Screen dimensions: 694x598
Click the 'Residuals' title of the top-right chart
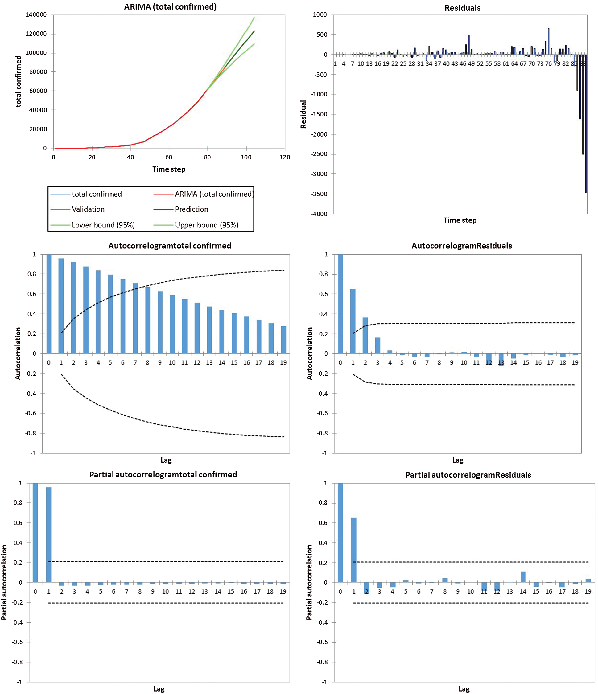(462, 8)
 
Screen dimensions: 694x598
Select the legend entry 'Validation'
(88, 209)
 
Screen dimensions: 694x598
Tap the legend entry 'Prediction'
(191, 209)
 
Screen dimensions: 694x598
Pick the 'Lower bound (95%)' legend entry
(103, 225)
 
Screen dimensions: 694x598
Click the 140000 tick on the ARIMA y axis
(36, 15)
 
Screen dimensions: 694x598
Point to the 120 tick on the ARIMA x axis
(285, 157)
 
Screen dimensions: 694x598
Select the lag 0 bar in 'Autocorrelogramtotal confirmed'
(49, 304)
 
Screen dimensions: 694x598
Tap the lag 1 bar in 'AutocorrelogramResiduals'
(353, 321)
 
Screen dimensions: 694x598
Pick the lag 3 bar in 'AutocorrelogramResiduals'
(378, 345)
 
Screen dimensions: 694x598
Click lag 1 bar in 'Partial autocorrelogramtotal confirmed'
(49, 535)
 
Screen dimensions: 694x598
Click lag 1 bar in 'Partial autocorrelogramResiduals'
(354, 550)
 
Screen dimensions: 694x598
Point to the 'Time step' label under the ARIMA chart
(169, 169)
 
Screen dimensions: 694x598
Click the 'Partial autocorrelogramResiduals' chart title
(468, 475)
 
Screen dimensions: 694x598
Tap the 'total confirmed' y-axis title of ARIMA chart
(19, 81)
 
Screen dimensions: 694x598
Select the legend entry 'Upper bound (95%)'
(207, 225)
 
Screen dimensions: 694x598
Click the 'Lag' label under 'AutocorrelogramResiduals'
(458, 460)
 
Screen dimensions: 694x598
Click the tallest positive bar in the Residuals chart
(549, 41)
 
